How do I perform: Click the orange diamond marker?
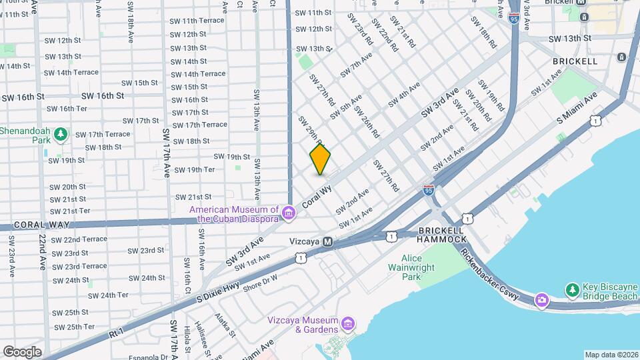pos(320,159)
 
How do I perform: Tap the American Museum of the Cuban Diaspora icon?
pos(289,213)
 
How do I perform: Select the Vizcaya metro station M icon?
pos(327,241)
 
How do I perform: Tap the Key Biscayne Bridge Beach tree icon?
pos(572,290)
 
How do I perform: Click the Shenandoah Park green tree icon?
pos(61,135)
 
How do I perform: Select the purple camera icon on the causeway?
pos(541,300)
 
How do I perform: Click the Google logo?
pos(22,351)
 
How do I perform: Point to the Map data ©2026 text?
pos(610,355)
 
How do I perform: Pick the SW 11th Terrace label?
pos(198,21)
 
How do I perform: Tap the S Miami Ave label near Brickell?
pos(578,107)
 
